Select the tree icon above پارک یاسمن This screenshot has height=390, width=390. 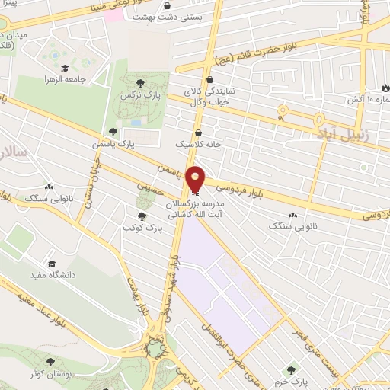pos(113,132)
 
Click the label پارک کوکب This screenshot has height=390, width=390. pos(142,228)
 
